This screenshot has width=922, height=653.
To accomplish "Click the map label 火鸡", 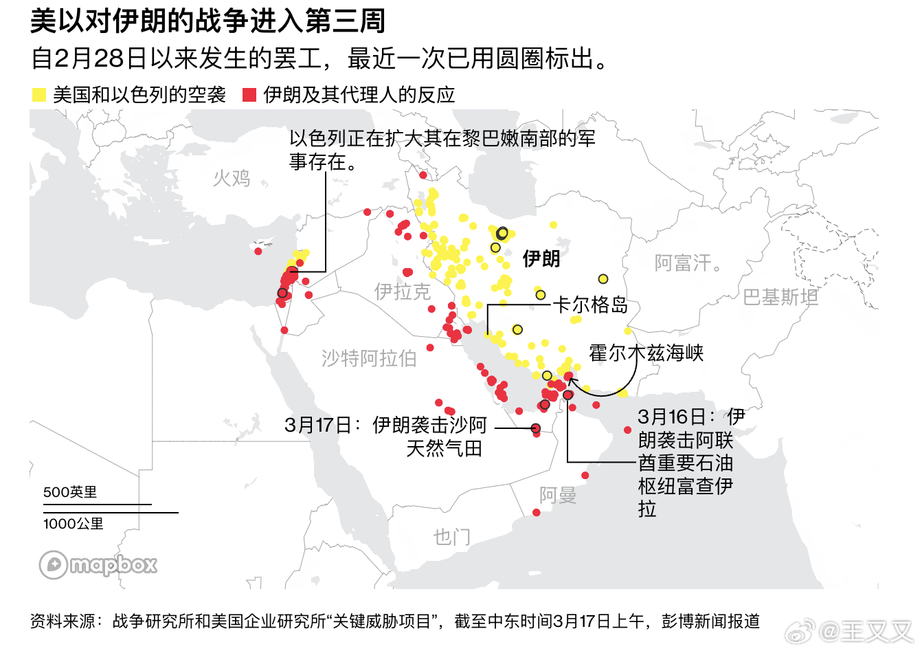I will [232, 179].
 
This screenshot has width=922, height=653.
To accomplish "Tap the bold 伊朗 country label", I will [541, 258].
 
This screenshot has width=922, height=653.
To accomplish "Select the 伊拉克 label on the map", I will [402, 291].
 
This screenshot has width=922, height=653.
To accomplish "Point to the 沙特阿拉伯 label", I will [369, 358].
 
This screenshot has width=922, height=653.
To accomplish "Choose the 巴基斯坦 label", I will [780, 297].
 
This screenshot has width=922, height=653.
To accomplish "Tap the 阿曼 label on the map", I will [557, 495].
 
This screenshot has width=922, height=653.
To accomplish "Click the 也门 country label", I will [451, 537].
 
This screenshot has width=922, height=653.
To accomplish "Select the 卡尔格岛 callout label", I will [591, 305].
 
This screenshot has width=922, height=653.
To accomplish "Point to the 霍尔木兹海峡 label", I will [646, 353].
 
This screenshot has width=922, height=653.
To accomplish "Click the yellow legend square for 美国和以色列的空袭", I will [39, 95].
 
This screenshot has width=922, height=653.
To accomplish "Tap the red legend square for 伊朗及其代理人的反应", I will [249, 95].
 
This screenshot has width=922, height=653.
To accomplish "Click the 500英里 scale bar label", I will [70, 492].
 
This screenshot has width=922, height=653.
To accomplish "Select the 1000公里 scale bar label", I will [74, 524].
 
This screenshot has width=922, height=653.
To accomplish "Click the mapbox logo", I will [98, 565].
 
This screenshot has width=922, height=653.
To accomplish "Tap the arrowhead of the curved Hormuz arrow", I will [571, 379].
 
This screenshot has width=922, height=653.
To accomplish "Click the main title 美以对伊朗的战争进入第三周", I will [207, 21].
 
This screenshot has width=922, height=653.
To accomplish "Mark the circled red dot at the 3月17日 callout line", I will [536, 428].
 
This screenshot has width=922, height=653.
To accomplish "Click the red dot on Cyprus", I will [258, 252].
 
